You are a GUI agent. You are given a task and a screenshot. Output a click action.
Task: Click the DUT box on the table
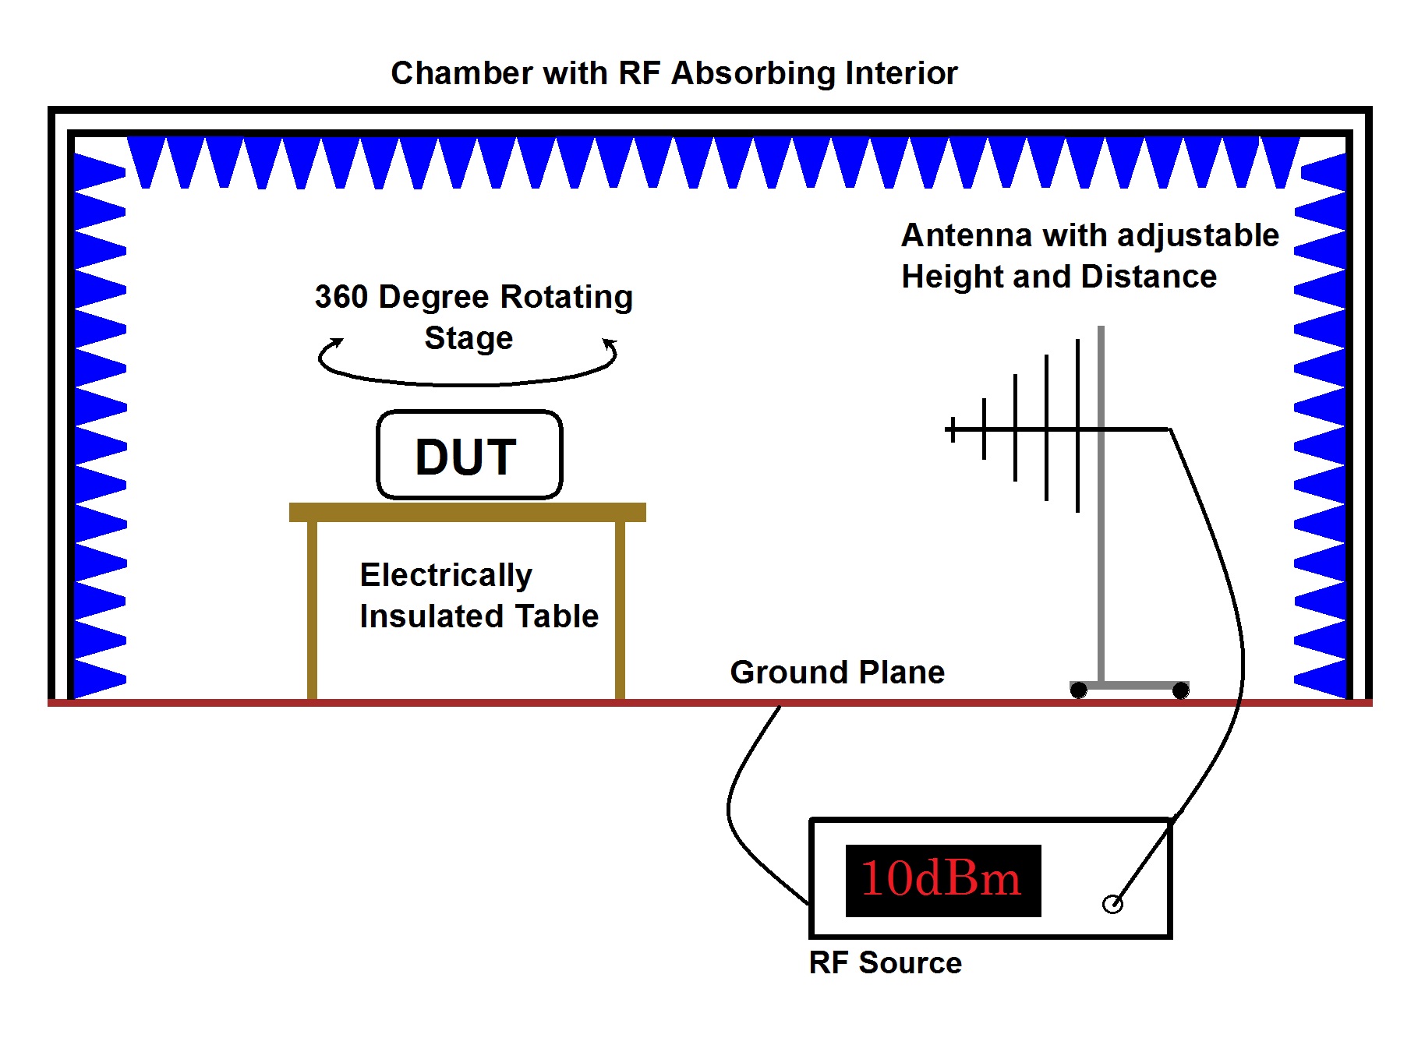pyautogui.click(x=469, y=455)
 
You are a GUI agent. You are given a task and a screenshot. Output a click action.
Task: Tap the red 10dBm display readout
pyautogui.click(x=942, y=880)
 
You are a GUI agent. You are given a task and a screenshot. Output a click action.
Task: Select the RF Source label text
pyautogui.click(x=885, y=963)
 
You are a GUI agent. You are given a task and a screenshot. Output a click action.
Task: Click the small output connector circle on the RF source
pyautogui.click(x=1112, y=904)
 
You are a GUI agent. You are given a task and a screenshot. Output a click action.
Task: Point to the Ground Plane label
pyautogui.click(x=836, y=673)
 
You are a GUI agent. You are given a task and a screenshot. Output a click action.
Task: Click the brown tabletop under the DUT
pyautogui.click(x=468, y=512)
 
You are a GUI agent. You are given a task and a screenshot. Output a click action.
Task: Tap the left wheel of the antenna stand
pyautogui.click(x=1079, y=690)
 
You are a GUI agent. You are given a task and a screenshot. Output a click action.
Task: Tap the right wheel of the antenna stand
pyautogui.click(x=1181, y=690)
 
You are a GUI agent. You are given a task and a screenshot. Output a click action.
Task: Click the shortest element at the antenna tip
pyautogui.click(x=953, y=429)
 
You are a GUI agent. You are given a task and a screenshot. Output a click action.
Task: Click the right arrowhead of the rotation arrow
pyautogui.click(x=610, y=343)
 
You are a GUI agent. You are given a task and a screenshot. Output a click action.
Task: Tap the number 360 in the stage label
pyautogui.click(x=341, y=297)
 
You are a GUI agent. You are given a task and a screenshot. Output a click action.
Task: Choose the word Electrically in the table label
pyautogui.click(x=446, y=575)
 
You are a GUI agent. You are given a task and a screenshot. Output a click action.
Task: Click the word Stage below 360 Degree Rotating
pyautogui.click(x=469, y=338)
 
